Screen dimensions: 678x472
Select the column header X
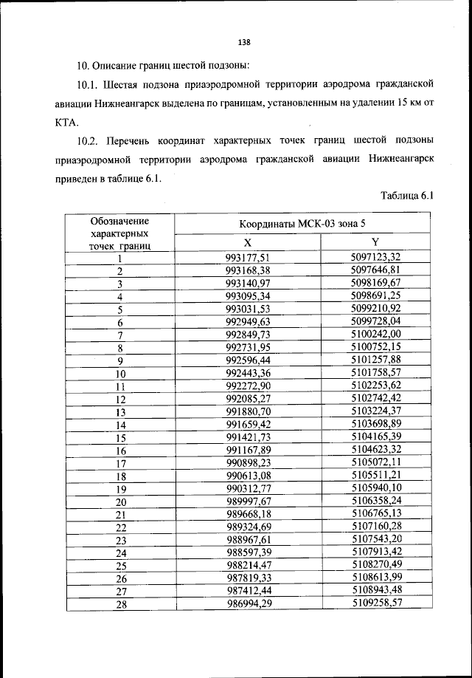pyautogui.click(x=247, y=243)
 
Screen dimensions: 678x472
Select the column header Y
pyautogui.click(x=375, y=243)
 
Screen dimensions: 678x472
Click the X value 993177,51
pyautogui.click(x=247, y=257)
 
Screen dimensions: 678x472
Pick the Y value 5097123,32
pyautogui.click(x=375, y=257)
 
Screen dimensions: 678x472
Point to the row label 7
pyautogui.click(x=119, y=335)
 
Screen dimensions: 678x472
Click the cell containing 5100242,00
pyautogui.click(x=375, y=335)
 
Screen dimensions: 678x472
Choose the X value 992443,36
pyautogui.click(x=247, y=373)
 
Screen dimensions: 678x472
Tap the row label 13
pyautogui.click(x=119, y=412)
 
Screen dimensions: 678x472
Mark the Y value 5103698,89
pyautogui.click(x=375, y=425)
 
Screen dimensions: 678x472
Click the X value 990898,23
pyautogui.click(x=247, y=464)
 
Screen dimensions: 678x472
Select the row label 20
pyautogui.click(x=119, y=502)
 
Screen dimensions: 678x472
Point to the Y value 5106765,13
pyautogui.click(x=375, y=515)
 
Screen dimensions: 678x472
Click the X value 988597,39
pyautogui.click(x=247, y=553)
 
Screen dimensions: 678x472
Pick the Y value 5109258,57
pyautogui.click(x=375, y=605)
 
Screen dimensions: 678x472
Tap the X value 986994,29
pyautogui.click(x=247, y=605)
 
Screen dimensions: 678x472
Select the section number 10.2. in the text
pyautogui.click(x=91, y=140)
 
